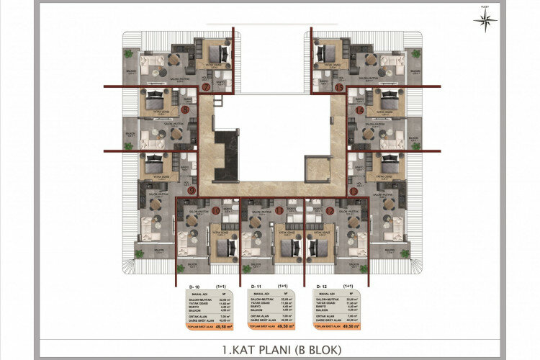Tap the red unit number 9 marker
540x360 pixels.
(x=192, y=190)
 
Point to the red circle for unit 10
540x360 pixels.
(x=216, y=210)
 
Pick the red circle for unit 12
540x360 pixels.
(x=329, y=211)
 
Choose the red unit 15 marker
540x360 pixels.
(x=338, y=88)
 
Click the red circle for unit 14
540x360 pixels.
(x=359, y=110)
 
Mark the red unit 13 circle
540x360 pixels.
(x=353, y=191)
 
